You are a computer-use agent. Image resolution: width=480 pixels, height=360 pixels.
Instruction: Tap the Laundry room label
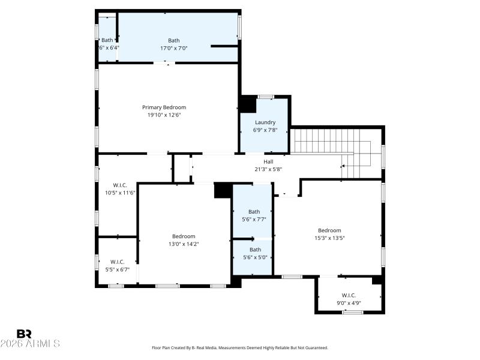pyautogui.click(x=265, y=122)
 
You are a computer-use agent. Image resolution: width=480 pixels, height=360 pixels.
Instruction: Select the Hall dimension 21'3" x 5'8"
pyautogui.click(x=268, y=169)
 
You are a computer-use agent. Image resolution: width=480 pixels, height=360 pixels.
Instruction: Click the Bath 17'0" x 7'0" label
pyautogui.click(x=173, y=41)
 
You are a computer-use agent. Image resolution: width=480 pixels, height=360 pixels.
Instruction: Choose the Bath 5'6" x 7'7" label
pyautogui.click(x=254, y=212)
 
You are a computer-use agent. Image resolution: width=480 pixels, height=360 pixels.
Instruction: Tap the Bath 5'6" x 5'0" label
pyautogui.click(x=255, y=250)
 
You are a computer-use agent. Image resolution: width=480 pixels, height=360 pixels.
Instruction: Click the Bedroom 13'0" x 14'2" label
pyautogui.click(x=184, y=236)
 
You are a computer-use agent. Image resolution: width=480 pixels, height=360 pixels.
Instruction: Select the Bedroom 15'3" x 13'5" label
pyautogui.click(x=329, y=230)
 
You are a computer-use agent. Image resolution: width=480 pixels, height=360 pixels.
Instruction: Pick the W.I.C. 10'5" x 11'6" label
pyautogui.click(x=120, y=185)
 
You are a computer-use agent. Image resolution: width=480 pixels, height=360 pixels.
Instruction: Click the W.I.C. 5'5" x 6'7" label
pyautogui.click(x=117, y=262)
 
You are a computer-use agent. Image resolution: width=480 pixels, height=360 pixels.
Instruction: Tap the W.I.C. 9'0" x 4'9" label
pyautogui.click(x=349, y=295)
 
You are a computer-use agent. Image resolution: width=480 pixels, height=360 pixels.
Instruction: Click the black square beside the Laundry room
pyautogui.click(x=247, y=104)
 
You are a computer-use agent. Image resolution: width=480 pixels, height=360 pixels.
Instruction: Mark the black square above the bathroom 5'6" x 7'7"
pyautogui.click(x=223, y=190)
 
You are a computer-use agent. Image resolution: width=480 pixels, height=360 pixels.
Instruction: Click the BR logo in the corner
pyautogui.click(x=25, y=333)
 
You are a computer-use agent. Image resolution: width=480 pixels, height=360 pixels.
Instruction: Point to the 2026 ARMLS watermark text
pyautogui.click(x=30, y=344)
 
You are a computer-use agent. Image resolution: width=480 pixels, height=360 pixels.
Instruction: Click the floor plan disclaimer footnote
pyautogui.click(x=240, y=347)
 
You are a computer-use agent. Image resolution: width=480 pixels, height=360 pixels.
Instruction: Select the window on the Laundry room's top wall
pyautogui.click(x=265, y=97)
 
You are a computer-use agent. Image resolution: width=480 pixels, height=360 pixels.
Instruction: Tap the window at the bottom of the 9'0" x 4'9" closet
pyautogui.click(x=352, y=311)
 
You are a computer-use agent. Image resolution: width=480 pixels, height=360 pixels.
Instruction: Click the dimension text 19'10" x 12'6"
pyautogui.click(x=164, y=115)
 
